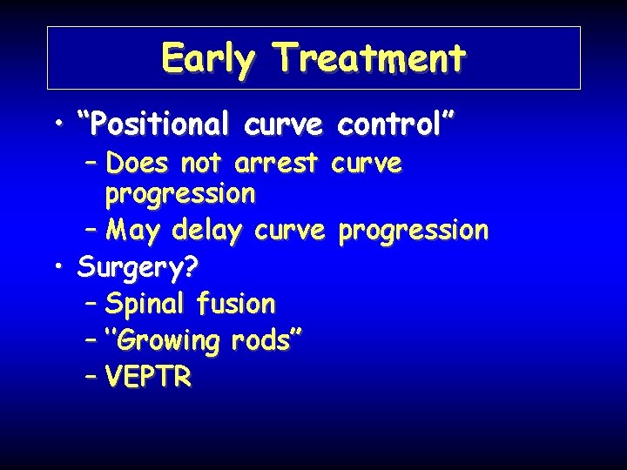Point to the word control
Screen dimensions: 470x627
click(394, 124)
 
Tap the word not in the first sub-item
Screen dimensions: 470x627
click(204, 164)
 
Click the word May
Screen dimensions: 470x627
click(135, 231)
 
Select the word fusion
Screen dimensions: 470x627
click(236, 304)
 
